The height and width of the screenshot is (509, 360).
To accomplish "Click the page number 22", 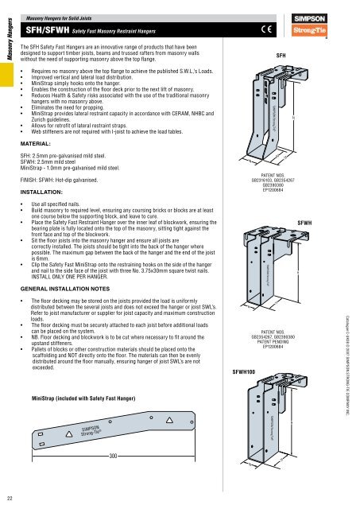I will pyautogui.click(x=7, y=498).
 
